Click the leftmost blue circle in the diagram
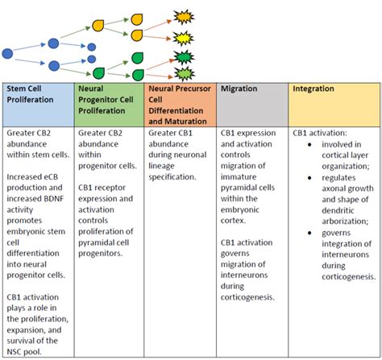tap(8, 53)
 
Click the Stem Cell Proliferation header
tap(35, 95)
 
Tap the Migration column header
tap(239, 89)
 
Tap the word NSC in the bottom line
tap(19, 350)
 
